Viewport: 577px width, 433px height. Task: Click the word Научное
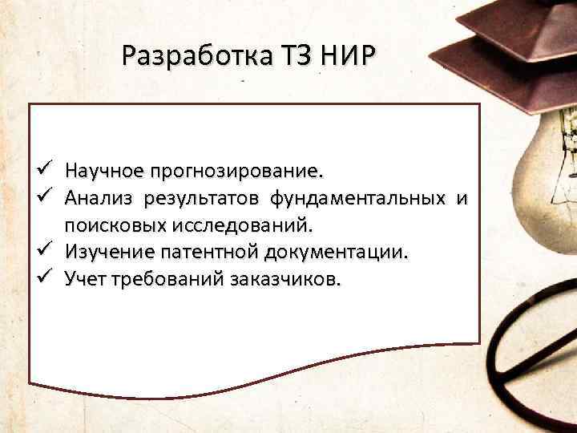click(105, 171)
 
